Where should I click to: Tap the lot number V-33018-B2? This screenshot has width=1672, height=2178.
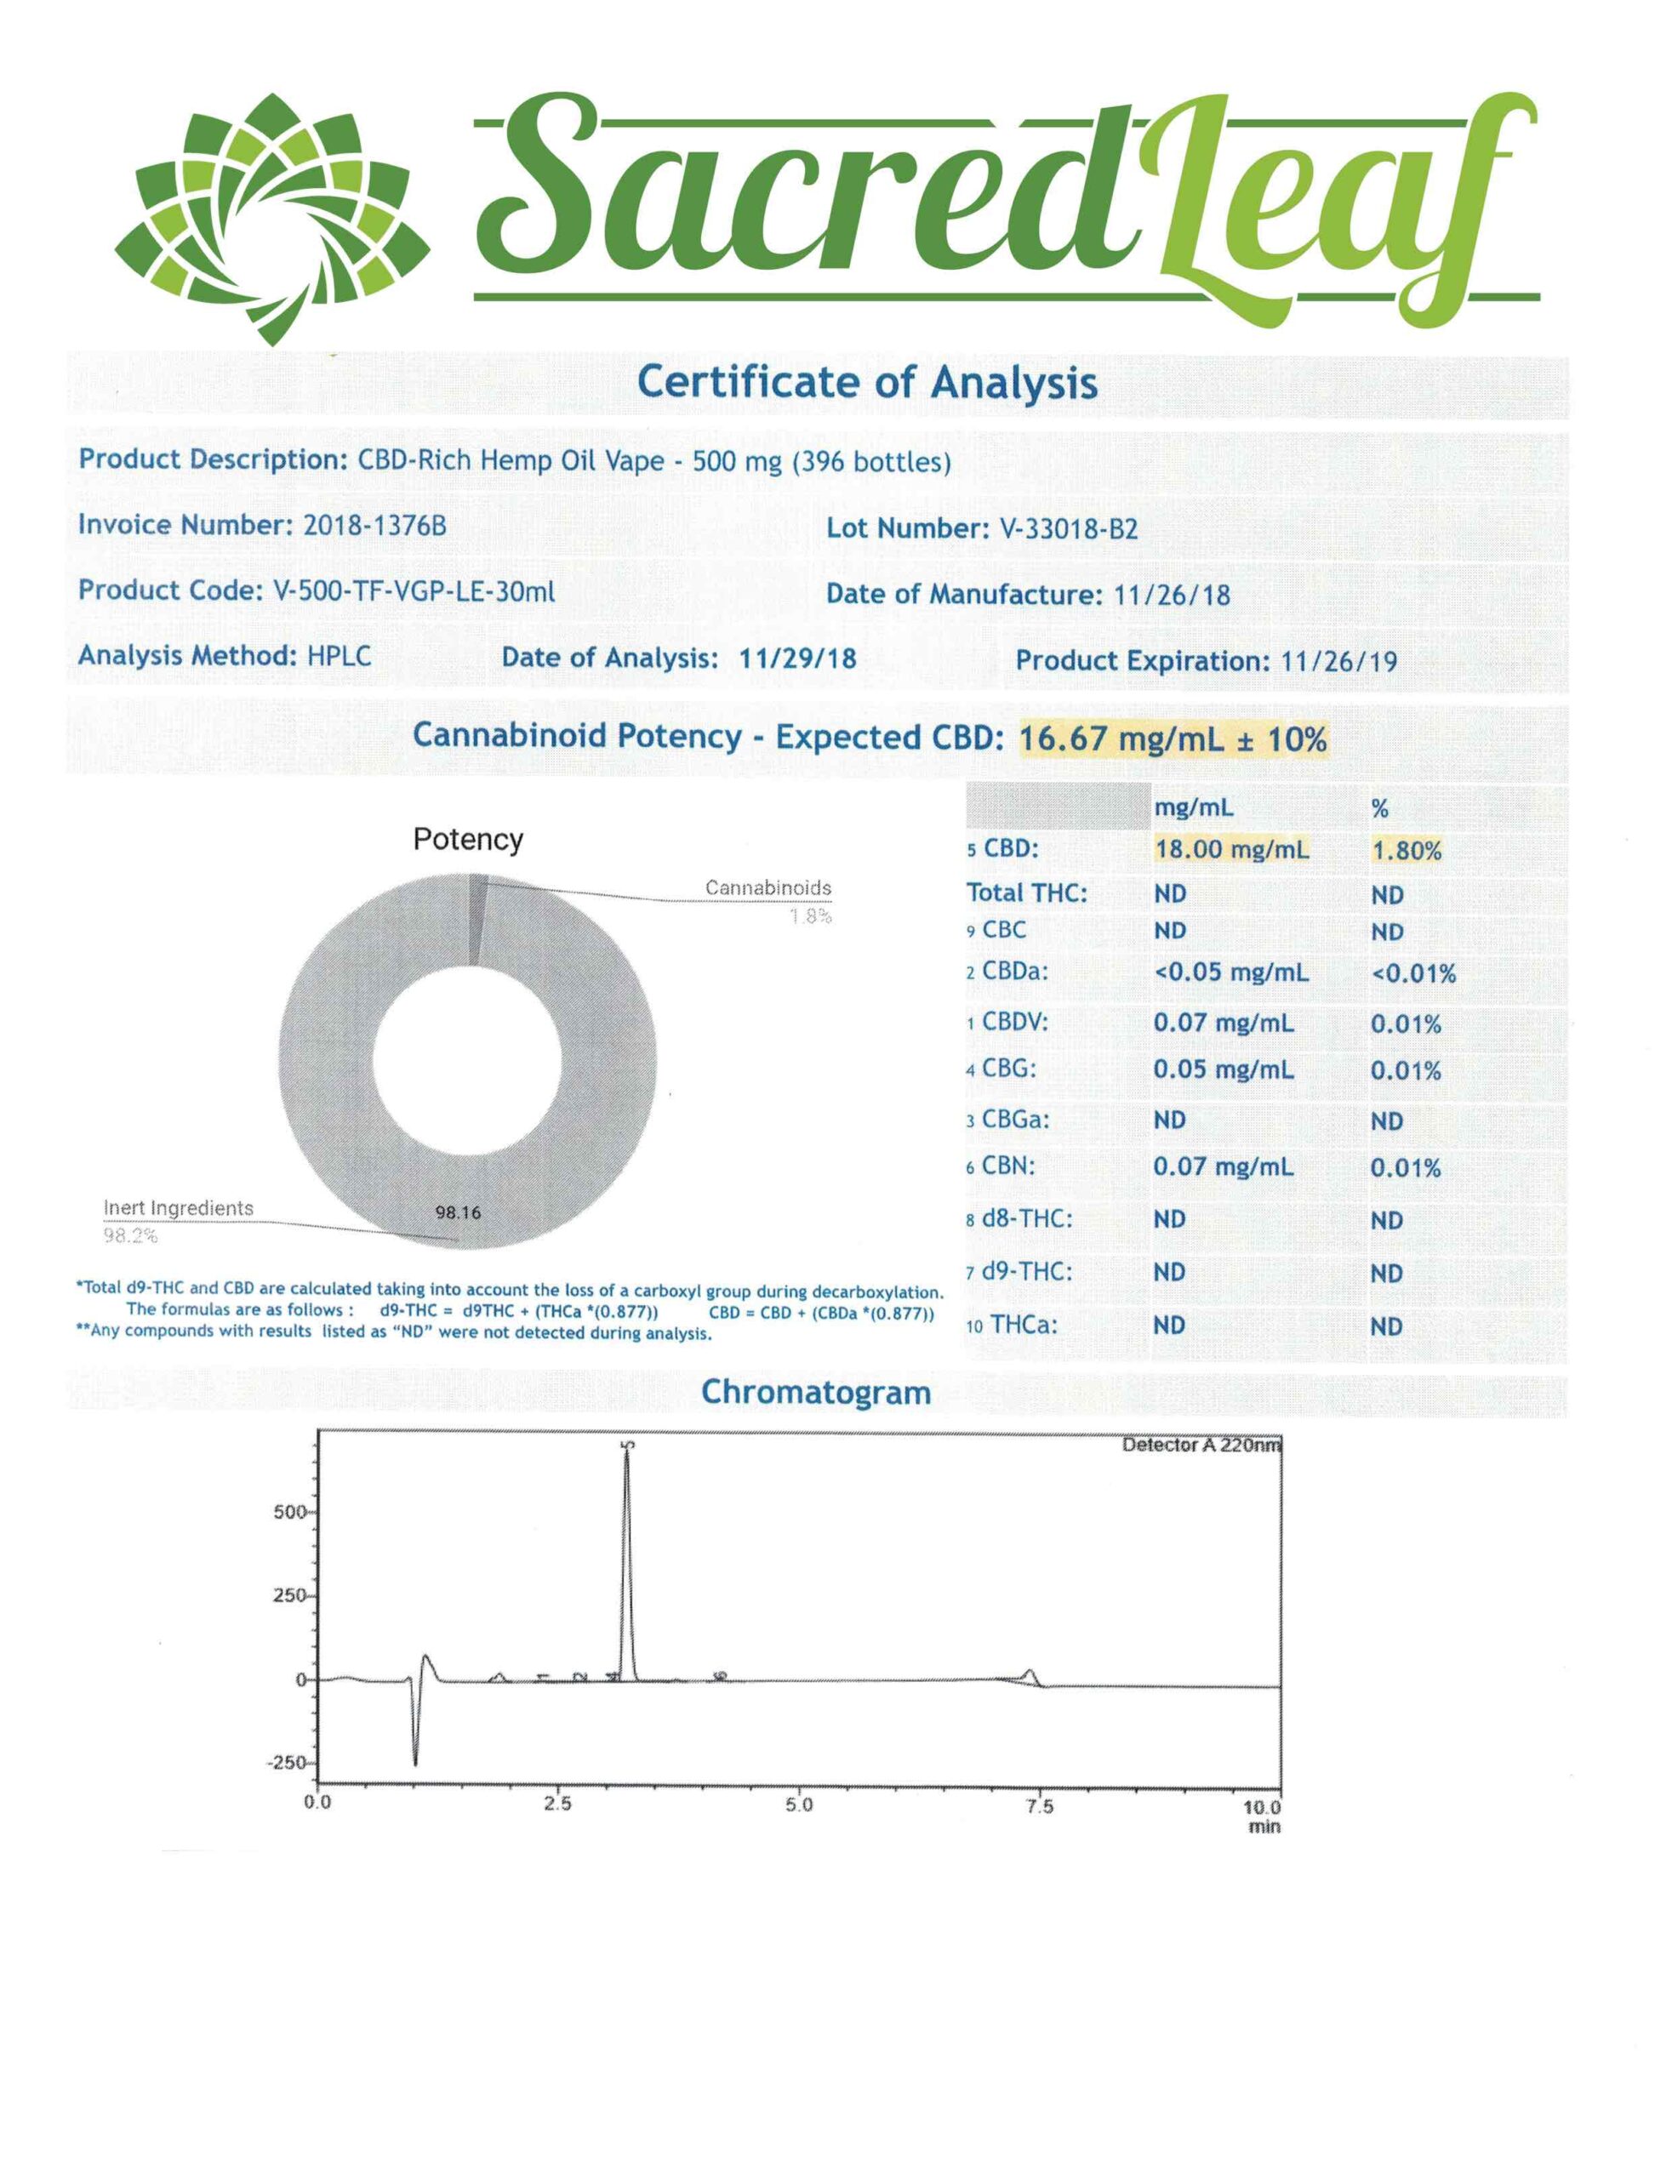click(1067, 529)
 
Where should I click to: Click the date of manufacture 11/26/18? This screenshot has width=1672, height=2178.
click(1172, 595)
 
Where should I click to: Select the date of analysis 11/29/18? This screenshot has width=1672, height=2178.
click(797, 658)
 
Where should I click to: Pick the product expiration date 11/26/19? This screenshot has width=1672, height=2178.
click(1338, 661)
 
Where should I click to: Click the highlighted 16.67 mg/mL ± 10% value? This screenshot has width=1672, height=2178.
click(1173, 739)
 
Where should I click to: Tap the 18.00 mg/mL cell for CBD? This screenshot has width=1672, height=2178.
click(1231, 850)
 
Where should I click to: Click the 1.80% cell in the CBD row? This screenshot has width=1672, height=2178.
click(1406, 851)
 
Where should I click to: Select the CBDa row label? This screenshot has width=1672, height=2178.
click(1013, 972)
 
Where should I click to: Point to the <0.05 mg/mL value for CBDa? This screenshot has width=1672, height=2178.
click(1230, 972)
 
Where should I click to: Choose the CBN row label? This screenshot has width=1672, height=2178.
click(1007, 1166)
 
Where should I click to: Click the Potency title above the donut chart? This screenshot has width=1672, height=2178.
click(467, 840)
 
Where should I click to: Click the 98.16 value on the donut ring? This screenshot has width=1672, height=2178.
click(458, 1213)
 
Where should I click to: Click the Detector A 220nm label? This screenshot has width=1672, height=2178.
click(1201, 1445)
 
